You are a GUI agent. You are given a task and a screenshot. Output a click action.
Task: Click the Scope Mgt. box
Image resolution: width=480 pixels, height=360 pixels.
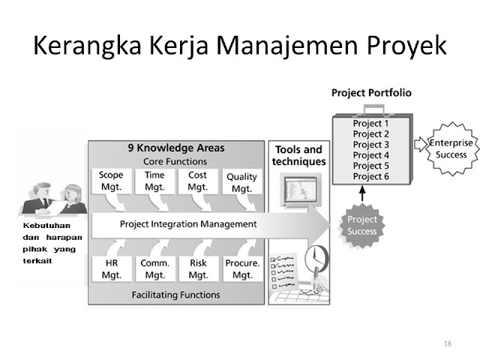pos(111,181)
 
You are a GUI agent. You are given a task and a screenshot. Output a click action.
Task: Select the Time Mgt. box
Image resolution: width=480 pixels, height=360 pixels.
pos(154,181)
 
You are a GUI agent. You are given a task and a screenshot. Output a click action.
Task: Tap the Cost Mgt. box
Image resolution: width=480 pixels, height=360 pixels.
pos(197,181)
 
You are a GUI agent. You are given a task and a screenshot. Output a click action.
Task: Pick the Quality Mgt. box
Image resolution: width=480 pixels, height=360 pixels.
pos(241,182)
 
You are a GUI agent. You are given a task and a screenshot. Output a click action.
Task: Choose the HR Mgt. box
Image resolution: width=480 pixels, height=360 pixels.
pos(111,269)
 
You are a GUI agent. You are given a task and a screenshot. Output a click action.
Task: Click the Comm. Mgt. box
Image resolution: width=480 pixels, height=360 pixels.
pos(154,269)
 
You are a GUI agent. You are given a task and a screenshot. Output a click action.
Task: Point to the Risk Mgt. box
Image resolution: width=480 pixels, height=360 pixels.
pos(198,269)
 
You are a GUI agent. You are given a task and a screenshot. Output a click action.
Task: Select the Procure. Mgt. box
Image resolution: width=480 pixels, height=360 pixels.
pos(242,269)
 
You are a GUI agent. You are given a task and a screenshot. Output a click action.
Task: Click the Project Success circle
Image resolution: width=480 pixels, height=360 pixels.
pos(361,225)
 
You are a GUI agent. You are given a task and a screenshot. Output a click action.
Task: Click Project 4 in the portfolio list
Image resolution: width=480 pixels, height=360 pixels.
pos(370,155)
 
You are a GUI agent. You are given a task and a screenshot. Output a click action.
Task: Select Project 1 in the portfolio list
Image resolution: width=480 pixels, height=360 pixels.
pos(370,124)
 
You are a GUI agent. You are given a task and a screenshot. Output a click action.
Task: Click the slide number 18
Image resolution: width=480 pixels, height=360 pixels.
pos(448,343)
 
